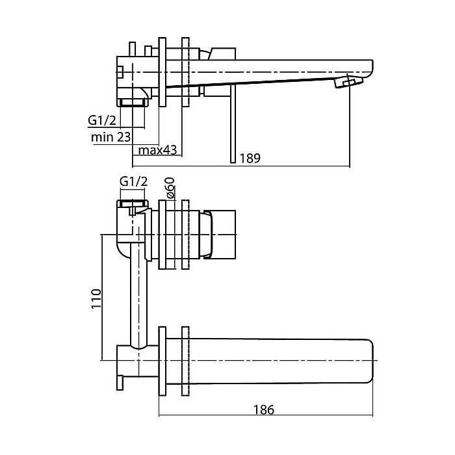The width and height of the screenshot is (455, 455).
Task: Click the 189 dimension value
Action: click(x=251, y=158)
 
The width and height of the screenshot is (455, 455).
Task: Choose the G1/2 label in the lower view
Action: click(x=134, y=182)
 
